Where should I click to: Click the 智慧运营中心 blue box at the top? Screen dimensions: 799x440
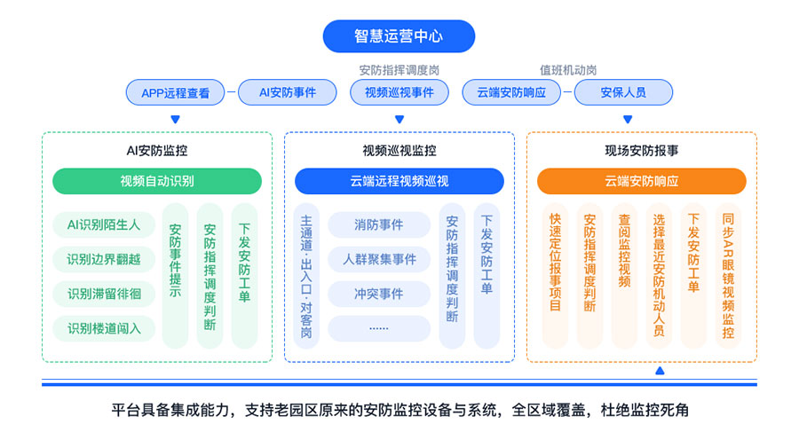[399, 36]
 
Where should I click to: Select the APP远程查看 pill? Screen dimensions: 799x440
[175, 92]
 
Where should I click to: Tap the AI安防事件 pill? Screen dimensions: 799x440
[288, 92]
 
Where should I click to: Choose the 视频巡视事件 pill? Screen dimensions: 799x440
[399, 92]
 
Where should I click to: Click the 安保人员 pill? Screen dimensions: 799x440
[623, 92]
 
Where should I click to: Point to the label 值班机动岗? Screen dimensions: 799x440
[568, 70]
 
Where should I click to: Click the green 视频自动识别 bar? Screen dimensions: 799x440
[157, 181]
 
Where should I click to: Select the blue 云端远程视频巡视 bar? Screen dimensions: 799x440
[399, 181]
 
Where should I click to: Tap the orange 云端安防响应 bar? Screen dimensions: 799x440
[642, 181]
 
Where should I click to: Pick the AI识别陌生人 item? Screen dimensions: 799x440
[104, 224]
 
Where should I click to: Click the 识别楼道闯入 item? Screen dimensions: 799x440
[104, 328]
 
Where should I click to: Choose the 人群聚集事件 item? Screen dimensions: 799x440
[379, 259]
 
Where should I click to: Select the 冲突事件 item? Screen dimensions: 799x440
[379, 294]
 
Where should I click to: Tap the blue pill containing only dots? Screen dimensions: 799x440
[379, 328]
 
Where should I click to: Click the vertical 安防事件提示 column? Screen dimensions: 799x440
[175, 276]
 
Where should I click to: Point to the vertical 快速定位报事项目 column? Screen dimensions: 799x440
[556, 276]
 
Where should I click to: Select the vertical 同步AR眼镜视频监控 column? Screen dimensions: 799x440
[728, 276]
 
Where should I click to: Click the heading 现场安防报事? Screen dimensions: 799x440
[642, 151]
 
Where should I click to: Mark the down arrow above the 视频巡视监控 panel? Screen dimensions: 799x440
[399, 119]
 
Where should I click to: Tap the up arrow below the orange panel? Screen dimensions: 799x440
[660, 371]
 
